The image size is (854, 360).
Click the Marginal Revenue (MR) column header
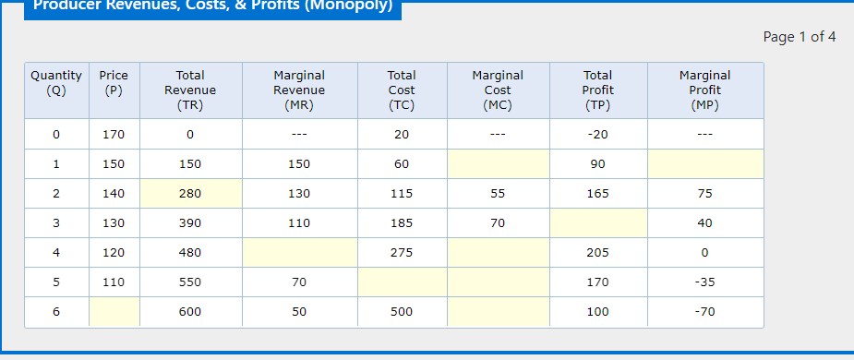299,90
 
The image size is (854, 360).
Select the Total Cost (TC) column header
402,90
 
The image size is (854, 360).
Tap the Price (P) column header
114,83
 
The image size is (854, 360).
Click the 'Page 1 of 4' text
800,37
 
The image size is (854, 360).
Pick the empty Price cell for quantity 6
114,312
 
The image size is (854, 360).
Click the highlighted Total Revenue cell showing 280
190,194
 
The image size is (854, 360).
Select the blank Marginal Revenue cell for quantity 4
299,253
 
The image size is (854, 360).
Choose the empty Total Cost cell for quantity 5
402,282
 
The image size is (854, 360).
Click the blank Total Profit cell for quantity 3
598,223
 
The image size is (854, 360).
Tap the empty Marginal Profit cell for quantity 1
705,164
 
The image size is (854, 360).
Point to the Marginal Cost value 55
498,194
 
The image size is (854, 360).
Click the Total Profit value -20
598,135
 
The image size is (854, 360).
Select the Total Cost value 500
402,312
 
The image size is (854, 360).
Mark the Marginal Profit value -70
705,312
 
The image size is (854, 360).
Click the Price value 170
114,135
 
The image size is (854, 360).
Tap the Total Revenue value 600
190,312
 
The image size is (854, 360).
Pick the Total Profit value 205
598,253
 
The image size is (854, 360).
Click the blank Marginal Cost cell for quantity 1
498,164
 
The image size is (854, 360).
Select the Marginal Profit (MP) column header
705,90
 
